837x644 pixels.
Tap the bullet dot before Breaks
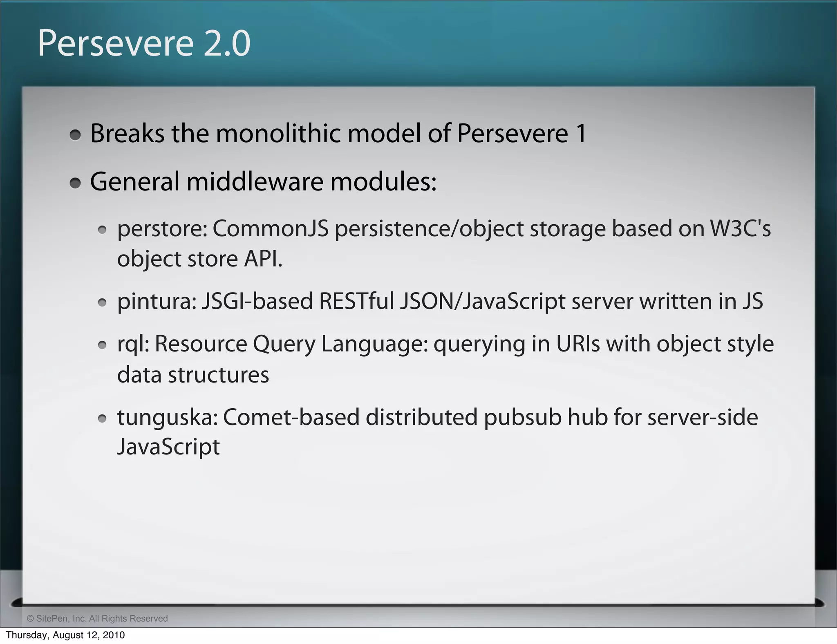[75, 135]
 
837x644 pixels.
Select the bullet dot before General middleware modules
[75, 183]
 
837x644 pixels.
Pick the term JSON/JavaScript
[483, 302]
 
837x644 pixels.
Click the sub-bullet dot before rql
[102, 345]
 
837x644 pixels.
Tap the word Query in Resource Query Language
[284, 344]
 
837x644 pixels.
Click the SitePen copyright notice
[97, 618]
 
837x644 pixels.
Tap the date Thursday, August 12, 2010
[65, 635]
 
